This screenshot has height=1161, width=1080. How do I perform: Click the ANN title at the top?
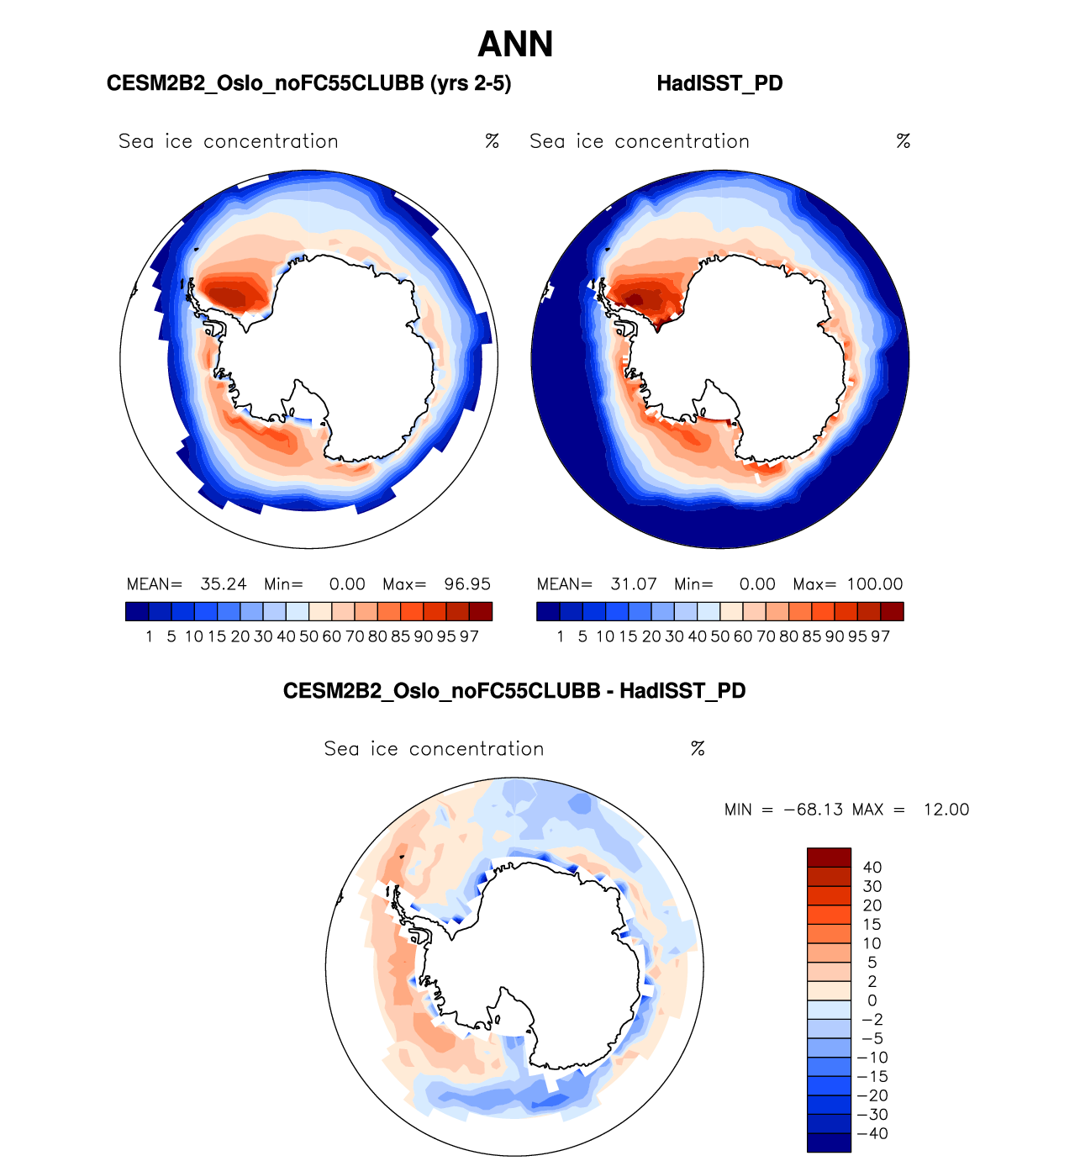(515, 45)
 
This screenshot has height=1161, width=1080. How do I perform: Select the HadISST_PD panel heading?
(719, 83)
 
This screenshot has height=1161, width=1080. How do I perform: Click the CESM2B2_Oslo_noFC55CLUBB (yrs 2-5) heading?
(308, 83)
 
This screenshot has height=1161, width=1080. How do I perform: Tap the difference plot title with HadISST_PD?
(514, 691)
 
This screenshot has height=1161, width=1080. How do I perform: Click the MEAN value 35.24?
(224, 584)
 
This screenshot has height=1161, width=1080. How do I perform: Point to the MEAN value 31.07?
(634, 584)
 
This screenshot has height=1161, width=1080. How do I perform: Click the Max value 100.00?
(875, 584)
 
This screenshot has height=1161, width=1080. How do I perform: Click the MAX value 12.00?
(946, 810)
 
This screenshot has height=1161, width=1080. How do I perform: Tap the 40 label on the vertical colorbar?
(872, 868)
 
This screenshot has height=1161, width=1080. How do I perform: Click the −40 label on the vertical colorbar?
(872, 1133)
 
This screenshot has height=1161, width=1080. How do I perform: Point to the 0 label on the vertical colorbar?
(872, 1000)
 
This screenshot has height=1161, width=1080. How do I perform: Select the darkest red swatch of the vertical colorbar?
(829, 858)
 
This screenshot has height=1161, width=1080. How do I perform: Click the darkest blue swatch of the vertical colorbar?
(829, 1143)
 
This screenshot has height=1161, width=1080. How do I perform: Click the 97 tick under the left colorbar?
(469, 636)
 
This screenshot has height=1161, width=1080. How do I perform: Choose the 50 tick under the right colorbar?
(720, 636)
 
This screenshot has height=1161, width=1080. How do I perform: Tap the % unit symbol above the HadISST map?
(904, 141)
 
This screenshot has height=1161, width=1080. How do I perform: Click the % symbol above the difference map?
(698, 748)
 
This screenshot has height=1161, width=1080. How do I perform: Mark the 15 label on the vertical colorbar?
(872, 925)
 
